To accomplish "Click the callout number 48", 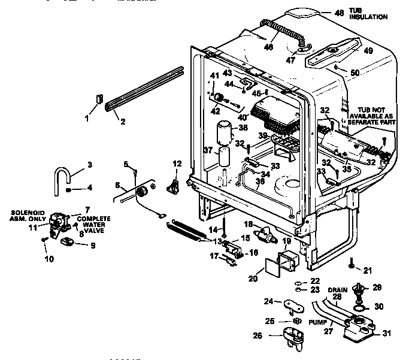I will click(x=339, y=13).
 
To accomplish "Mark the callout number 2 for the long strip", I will click(x=122, y=123).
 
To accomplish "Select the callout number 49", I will click(x=368, y=51).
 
